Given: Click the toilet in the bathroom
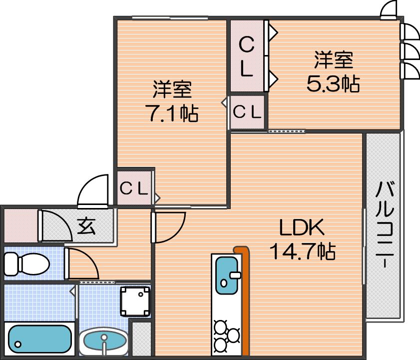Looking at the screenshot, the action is (27, 264).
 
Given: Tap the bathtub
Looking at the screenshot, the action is (39, 339).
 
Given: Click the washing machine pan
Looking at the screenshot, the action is (135, 301).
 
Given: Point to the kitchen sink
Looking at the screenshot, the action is (227, 275).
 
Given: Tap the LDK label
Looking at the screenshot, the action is (302, 227).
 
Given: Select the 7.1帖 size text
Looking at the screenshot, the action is (172, 113).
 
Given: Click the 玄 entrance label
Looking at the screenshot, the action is (86, 226).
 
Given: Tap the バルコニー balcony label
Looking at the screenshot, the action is (385, 224).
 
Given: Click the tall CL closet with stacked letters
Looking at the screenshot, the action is (246, 57).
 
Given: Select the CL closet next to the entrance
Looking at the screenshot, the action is (134, 188).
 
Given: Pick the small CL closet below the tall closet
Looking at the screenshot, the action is (247, 112).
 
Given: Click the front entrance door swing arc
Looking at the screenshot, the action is (93, 191).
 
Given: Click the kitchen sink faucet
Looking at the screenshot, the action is (235, 275).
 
